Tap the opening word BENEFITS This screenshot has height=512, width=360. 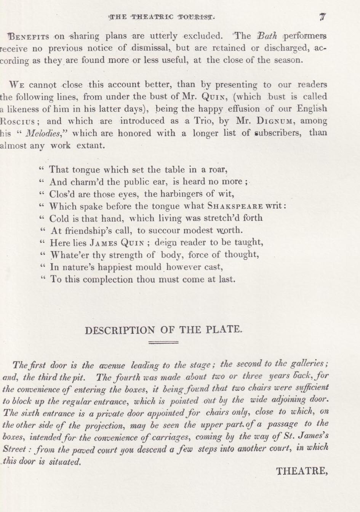[29, 37]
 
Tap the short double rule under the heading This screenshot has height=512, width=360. [163, 343]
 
